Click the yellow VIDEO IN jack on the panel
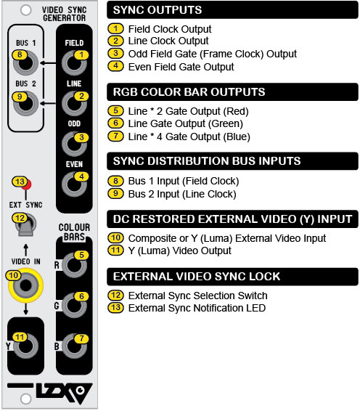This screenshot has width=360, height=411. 25,285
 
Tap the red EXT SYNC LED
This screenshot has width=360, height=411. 27,184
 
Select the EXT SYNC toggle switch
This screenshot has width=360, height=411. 25,225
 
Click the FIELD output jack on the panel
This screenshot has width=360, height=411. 74,63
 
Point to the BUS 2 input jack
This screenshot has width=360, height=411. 25,104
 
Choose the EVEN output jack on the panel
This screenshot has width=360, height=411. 74,184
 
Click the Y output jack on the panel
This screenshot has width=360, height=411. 25,346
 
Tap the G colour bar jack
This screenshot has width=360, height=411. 74,306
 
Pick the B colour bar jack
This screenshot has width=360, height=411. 74,346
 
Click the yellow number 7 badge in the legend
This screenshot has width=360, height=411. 115,136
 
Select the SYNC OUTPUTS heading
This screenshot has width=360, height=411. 157,10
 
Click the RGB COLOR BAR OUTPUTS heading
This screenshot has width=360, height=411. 189,92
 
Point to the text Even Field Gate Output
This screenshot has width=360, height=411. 181,67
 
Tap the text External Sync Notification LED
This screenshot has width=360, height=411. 197,308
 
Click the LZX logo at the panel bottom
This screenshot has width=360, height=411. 64,392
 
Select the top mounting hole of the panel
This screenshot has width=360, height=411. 25,10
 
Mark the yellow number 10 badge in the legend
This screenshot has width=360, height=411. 115,237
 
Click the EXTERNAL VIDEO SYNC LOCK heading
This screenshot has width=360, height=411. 197,277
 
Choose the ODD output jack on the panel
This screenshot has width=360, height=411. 74,145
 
